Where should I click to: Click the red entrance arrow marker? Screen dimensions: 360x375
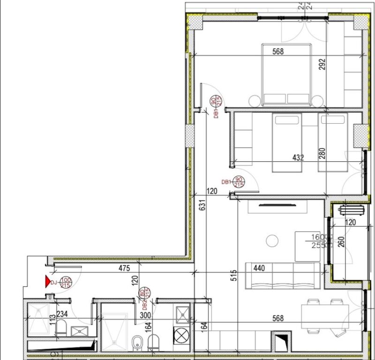47,281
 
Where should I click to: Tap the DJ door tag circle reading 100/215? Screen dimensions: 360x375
65,282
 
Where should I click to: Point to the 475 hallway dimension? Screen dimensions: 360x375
124,269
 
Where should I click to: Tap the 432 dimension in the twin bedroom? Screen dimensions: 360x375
298,158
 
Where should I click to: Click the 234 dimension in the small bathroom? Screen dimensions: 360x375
63,315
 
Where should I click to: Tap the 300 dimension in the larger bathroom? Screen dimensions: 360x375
145,315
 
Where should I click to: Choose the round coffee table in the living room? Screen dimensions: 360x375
272,241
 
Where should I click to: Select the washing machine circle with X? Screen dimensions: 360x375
181,336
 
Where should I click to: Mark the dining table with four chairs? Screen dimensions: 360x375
324,316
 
